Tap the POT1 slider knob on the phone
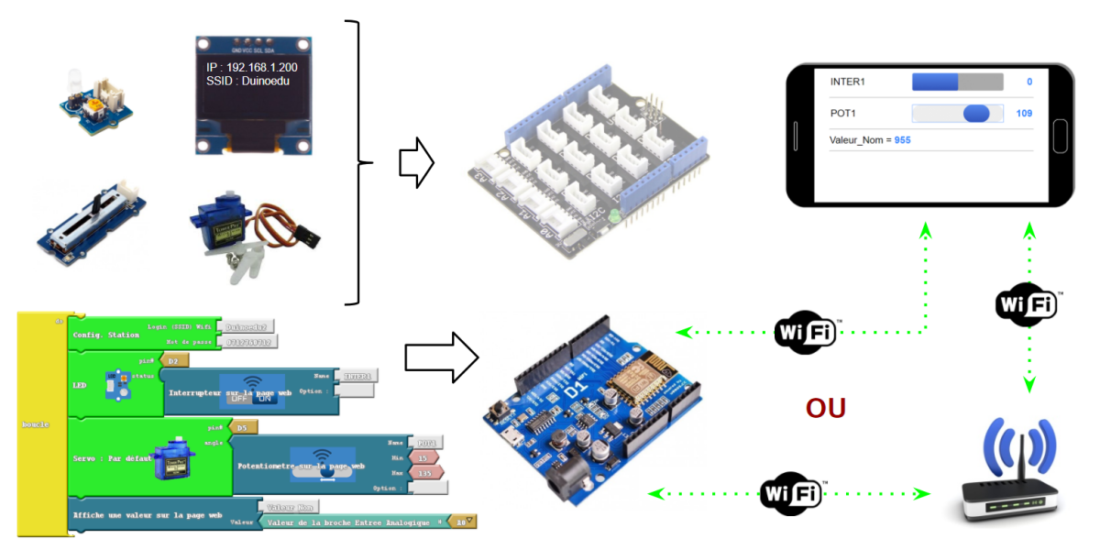pos(976,113)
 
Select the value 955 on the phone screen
pos(902,140)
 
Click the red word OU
pos(825,408)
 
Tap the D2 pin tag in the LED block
pos(174,360)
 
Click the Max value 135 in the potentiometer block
pos(425,473)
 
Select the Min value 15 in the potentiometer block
pos(423,457)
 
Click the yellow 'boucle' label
pos(38,424)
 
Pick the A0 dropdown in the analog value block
pos(466,522)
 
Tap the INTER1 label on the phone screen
pos(847,82)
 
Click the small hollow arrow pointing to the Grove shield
pos(415,162)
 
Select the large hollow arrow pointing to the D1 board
pos(441,356)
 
